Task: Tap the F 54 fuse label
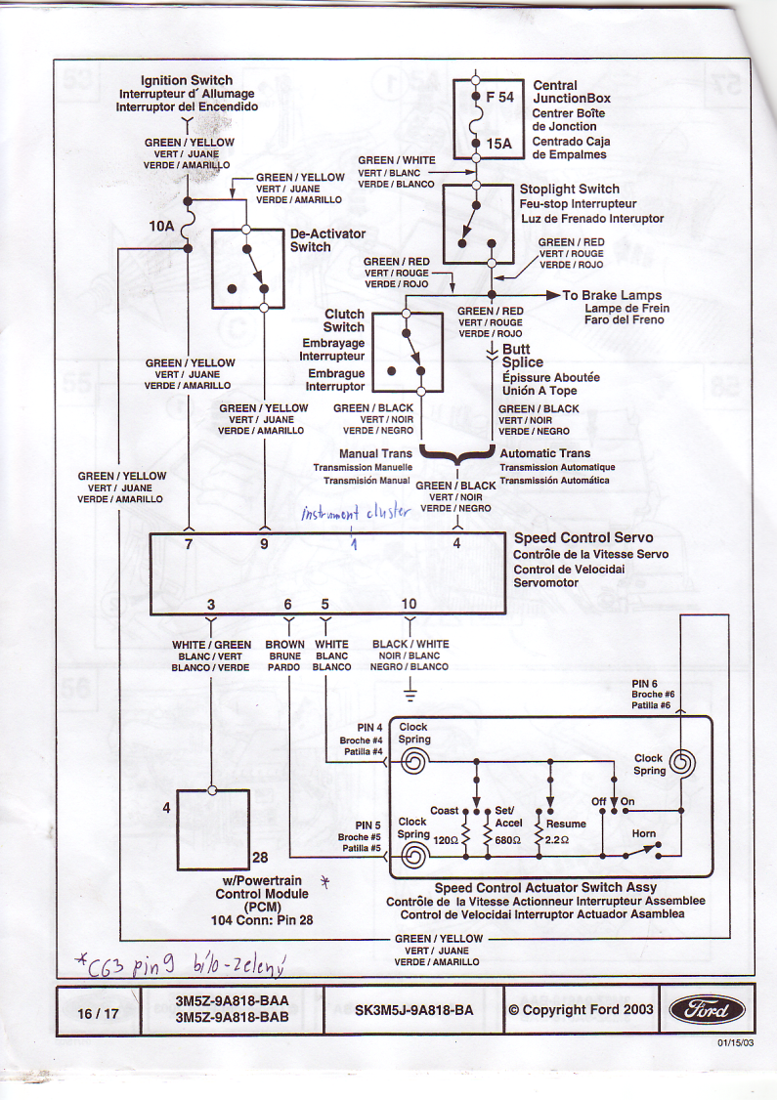tap(498, 98)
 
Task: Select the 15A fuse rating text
tap(498, 145)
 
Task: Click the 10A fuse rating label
tap(161, 227)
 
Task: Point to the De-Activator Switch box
tap(247, 267)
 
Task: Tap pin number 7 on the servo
tap(189, 545)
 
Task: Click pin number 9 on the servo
tap(264, 545)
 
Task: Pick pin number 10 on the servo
tap(409, 604)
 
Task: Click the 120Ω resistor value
tap(446, 839)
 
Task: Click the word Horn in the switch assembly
tap(643, 833)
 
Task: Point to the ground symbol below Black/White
tap(410, 696)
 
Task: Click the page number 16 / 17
tap(98, 1013)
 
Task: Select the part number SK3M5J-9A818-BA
tap(414, 1010)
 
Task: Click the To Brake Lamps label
tap(612, 295)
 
